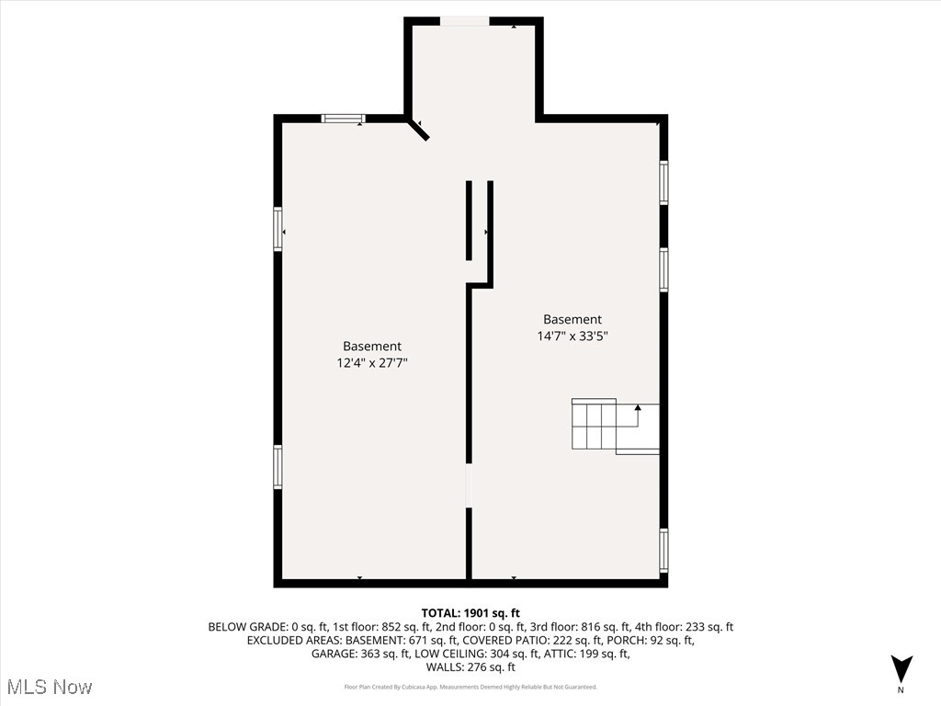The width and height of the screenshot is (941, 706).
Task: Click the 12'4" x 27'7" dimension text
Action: point(372,363)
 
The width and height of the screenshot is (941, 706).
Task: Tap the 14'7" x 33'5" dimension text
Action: point(573,336)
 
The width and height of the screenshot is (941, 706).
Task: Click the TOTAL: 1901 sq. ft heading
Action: point(470,613)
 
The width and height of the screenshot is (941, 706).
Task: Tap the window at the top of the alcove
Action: point(464,21)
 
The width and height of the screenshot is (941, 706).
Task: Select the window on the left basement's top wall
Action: point(343,119)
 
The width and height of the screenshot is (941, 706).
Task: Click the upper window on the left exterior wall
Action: point(278,229)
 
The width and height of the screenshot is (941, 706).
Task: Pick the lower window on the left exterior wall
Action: point(278,466)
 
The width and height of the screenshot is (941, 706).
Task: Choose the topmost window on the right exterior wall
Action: point(663,182)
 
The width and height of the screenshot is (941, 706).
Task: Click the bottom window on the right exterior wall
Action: point(663,550)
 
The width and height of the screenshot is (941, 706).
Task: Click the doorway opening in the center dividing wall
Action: point(469,485)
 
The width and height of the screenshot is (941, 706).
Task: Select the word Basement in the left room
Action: point(372,347)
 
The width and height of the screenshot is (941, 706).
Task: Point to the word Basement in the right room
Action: point(573,320)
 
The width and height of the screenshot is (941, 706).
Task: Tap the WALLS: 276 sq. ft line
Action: point(470,668)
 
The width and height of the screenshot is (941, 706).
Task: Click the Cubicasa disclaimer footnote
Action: point(470,687)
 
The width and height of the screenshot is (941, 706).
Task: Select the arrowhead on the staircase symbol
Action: point(638,407)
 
